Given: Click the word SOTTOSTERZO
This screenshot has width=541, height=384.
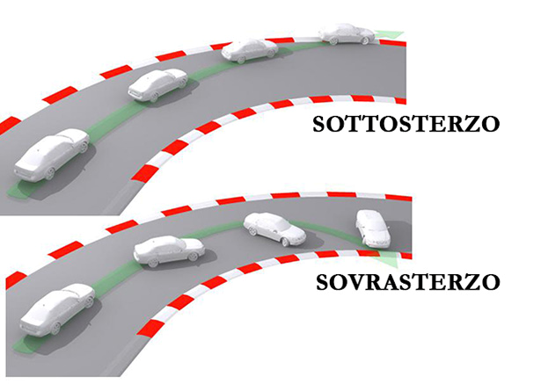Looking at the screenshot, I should (406, 122).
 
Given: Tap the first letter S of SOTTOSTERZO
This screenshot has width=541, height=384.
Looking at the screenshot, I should (320, 122).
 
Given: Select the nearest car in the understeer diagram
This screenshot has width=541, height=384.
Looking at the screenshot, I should (51, 156).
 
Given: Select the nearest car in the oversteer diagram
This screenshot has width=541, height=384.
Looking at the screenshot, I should (56, 308).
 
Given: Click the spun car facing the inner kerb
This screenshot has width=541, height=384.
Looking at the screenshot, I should (372, 228).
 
